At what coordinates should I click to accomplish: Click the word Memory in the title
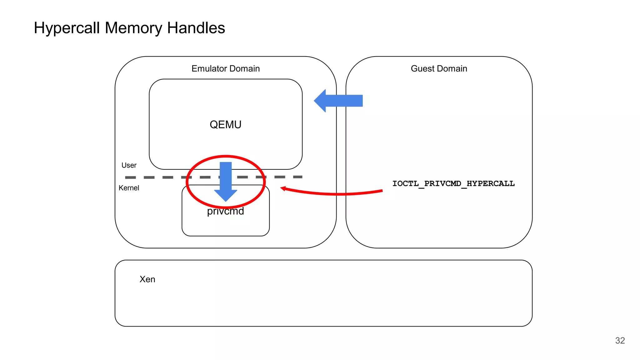(133, 28)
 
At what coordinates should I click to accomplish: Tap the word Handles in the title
(196, 28)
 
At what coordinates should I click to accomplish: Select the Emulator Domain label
(226, 68)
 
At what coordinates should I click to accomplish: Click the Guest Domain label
(439, 68)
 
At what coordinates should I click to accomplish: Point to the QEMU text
(226, 124)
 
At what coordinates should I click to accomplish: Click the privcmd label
(226, 212)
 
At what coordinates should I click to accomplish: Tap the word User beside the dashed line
(129, 165)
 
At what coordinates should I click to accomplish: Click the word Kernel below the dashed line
(129, 188)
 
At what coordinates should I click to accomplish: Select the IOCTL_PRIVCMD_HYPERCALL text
(453, 183)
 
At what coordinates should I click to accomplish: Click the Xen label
(147, 279)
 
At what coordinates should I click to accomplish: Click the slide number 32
(620, 341)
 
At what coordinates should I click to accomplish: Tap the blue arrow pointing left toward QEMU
(339, 101)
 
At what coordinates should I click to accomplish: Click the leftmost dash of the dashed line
(130, 177)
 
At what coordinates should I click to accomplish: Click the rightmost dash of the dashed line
(297, 177)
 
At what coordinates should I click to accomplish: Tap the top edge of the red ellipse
(226, 156)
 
